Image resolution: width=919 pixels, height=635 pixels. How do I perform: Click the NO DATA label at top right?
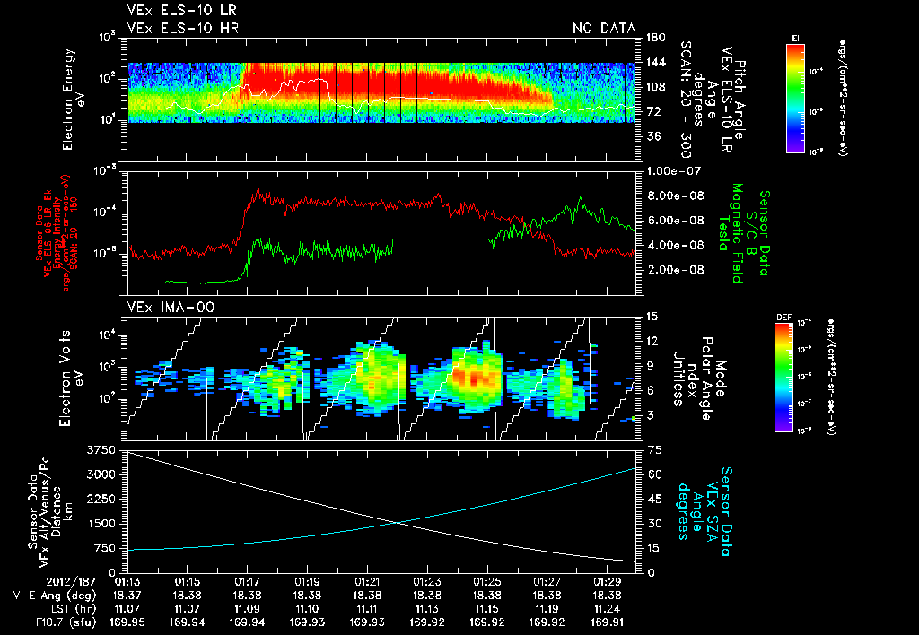tap(604, 28)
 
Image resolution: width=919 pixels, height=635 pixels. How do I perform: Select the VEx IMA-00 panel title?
tap(163, 308)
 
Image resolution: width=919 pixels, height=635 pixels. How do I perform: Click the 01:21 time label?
tap(366, 581)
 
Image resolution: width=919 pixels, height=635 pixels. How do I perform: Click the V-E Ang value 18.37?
tap(126, 594)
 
